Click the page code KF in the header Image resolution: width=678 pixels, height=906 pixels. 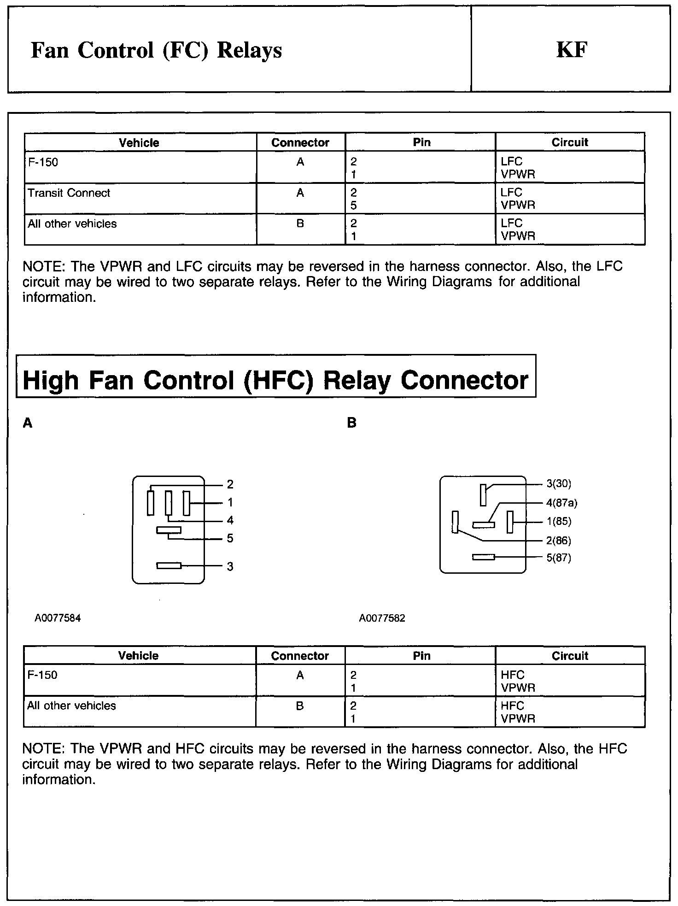pos(572,50)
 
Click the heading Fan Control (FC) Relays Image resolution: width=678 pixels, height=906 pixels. pos(156,50)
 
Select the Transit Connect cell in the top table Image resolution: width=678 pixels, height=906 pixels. pos(69,193)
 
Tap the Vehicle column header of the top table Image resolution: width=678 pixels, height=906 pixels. pos(139,142)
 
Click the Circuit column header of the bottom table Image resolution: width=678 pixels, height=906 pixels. pos(570,656)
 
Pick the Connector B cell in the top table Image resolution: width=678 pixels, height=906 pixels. pos(300,224)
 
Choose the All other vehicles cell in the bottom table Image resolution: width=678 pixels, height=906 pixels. pos(72,706)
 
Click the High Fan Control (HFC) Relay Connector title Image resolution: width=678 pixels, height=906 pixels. pos(275,381)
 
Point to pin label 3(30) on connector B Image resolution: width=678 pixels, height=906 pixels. pos(559,484)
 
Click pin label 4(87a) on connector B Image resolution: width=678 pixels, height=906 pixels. pos(561,503)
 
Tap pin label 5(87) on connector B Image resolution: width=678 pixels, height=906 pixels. pos(559,558)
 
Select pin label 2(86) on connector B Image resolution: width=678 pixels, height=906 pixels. pos(559,541)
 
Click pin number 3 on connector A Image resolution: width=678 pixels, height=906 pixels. pos(230,566)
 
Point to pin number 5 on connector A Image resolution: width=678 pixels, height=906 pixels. pos(230,538)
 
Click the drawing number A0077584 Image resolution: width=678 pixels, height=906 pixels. pos(58,618)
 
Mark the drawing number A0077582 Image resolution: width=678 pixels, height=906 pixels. pos(382,618)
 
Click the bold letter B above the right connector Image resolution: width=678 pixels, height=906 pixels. pos(352,423)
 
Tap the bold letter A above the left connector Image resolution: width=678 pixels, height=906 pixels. pos(28,423)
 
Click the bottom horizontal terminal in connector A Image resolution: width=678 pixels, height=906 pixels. pos(169,565)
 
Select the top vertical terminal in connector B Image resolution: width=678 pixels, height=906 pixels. pos(483,494)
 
